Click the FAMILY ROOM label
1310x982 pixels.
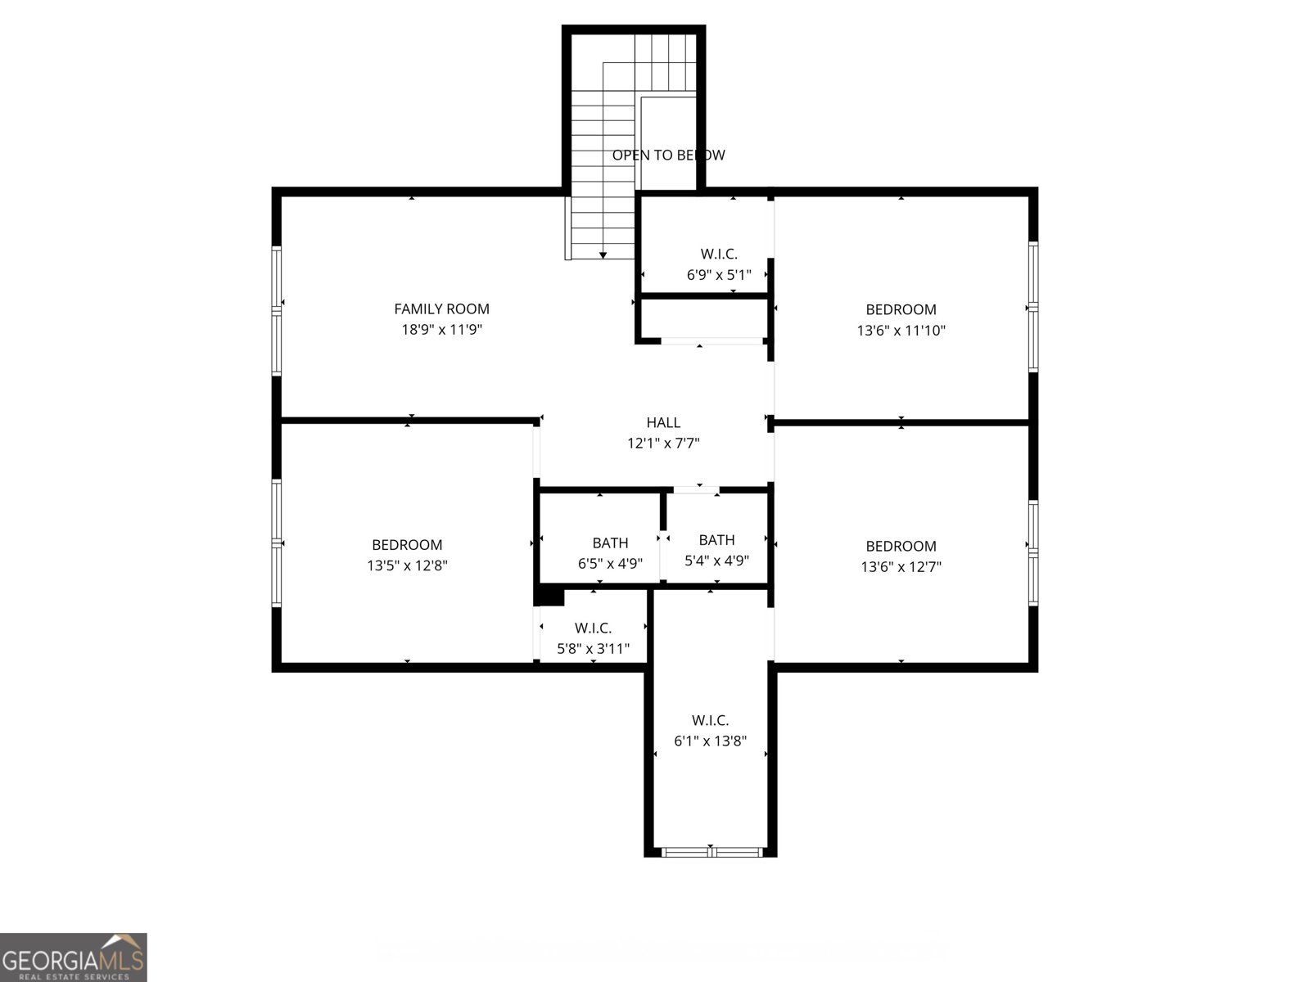click(441, 309)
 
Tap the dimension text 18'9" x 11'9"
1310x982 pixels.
click(441, 330)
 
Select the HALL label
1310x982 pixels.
click(663, 422)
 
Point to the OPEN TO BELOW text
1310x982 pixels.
click(668, 155)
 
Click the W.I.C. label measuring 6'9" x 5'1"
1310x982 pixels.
click(719, 254)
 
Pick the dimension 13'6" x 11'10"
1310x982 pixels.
click(901, 331)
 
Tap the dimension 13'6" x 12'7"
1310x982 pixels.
click(901, 566)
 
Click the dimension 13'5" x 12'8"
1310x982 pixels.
click(407, 565)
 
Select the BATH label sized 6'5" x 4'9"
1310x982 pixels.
click(610, 543)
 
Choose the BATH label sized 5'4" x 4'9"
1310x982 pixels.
click(716, 539)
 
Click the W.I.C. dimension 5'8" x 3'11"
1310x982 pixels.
click(594, 649)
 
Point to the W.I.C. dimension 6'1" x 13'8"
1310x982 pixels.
click(710, 741)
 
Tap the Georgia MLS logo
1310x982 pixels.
click(73, 957)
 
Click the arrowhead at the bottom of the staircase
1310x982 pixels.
click(603, 255)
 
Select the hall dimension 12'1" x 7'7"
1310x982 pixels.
click(663, 444)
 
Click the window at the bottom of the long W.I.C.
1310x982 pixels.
click(711, 852)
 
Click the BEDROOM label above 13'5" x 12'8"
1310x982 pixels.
click(407, 544)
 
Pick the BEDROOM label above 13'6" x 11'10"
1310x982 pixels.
click(901, 309)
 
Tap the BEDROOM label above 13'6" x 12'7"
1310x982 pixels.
click(901, 546)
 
